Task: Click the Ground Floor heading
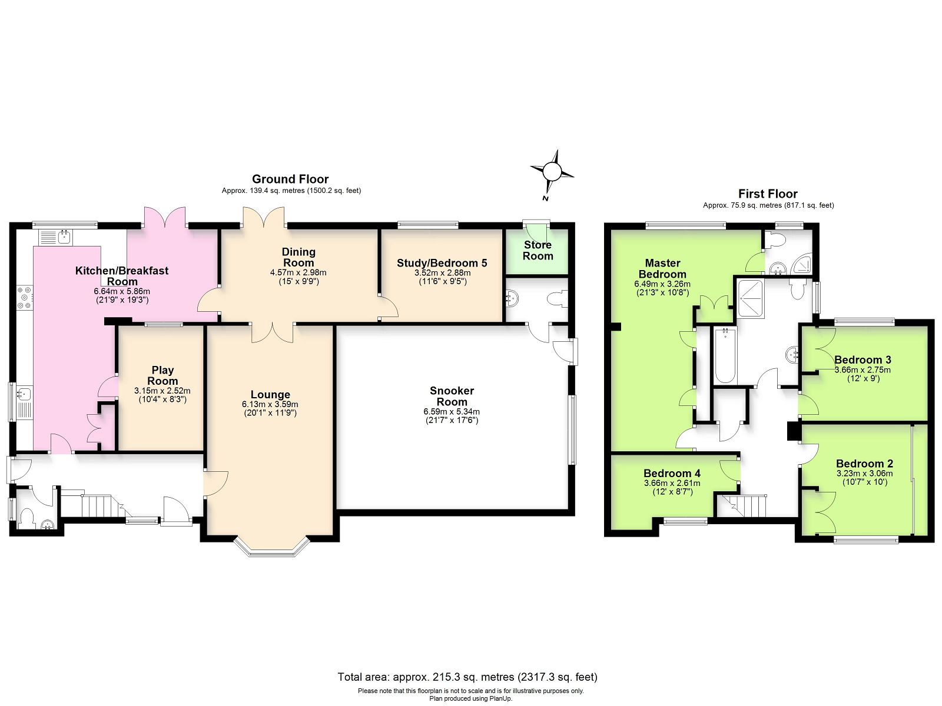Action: [x=290, y=179]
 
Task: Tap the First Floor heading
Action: [x=768, y=194]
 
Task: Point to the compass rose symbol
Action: [x=552, y=172]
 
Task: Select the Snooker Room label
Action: [x=452, y=396]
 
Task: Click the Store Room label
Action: [x=538, y=251]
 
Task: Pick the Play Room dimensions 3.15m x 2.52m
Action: [x=162, y=391]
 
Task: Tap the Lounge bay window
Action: [x=271, y=546]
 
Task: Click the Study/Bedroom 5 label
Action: [x=442, y=263]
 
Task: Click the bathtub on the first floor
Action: [x=725, y=355]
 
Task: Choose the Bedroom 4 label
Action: [x=672, y=473]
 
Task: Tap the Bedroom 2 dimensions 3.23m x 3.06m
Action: [x=865, y=474]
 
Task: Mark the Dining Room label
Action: [x=298, y=257]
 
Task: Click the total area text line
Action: [x=467, y=677]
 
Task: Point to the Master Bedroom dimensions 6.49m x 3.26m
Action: [x=662, y=284]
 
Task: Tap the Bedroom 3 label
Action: [x=863, y=359]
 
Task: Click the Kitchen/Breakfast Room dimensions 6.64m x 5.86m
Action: [x=122, y=291]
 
